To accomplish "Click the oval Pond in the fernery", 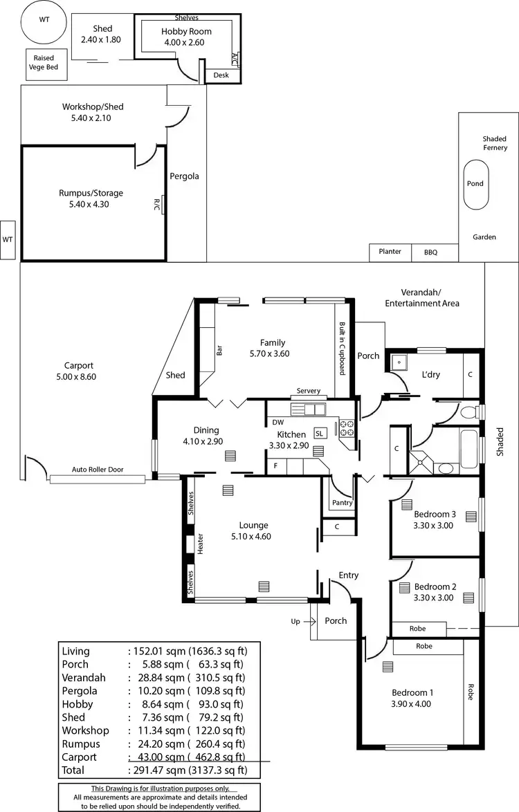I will tap(475, 185).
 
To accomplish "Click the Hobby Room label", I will tap(186, 32).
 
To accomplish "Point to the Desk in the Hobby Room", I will tap(221, 75).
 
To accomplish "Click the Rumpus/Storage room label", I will tap(91, 194).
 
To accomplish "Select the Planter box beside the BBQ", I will tap(390, 252).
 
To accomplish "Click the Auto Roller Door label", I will tap(98, 469).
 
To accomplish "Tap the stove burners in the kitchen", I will tap(347, 428).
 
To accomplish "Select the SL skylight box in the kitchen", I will tap(320, 433).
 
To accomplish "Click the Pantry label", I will tap(342, 503).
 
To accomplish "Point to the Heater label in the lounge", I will tap(201, 544).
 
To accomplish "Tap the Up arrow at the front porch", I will tap(295, 621).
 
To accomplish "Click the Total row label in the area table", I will tap(73, 770).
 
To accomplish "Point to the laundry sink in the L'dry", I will tap(400, 364).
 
